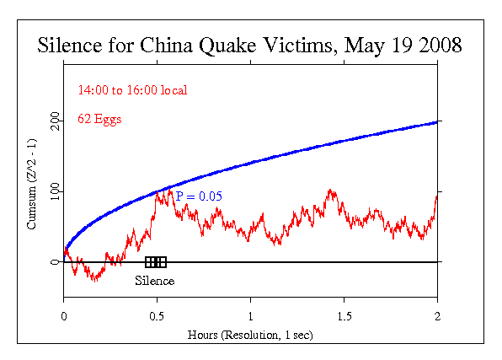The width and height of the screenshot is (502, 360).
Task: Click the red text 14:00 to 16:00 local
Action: (x=132, y=90)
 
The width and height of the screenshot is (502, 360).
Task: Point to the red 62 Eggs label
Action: (x=99, y=119)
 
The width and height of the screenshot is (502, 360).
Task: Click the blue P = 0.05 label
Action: (x=200, y=196)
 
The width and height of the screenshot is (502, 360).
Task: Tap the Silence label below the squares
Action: (x=155, y=280)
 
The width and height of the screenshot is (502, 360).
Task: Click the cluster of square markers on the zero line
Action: (x=156, y=261)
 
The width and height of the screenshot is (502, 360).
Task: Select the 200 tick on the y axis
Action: (x=55, y=121)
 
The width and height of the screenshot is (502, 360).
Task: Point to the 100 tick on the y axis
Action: (x=55, y=192)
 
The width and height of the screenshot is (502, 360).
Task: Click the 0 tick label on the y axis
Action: (x=55, y=262)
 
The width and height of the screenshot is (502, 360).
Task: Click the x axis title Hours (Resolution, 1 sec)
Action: (x=251, y=334)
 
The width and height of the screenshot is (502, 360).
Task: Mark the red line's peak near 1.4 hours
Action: (x=330, y=191)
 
